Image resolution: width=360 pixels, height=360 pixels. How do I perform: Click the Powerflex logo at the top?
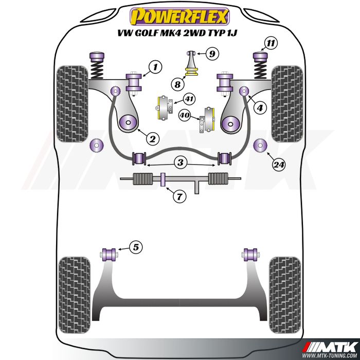[x=179, y=16]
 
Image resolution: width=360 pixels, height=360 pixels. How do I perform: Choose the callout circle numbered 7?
[x=178, y=195]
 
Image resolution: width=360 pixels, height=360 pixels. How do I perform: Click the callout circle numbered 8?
[x=177, y=84]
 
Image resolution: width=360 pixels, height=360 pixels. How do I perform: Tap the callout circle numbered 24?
[x=279, y=165]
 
